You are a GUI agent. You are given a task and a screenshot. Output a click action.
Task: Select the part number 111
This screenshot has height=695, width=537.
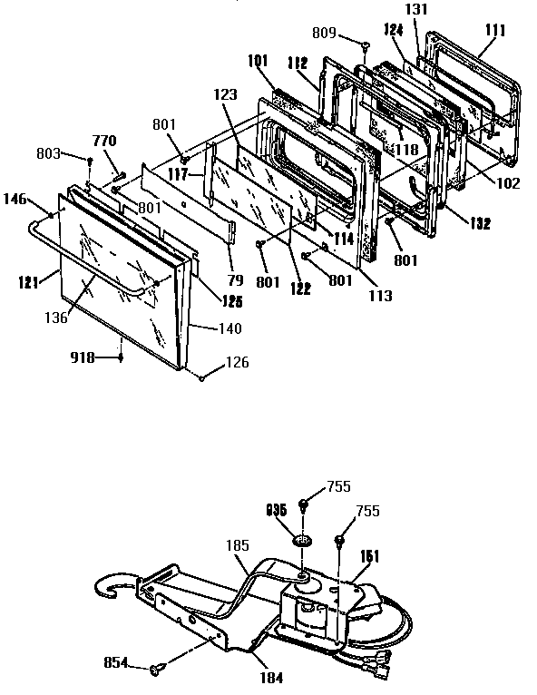coord(494,31)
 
